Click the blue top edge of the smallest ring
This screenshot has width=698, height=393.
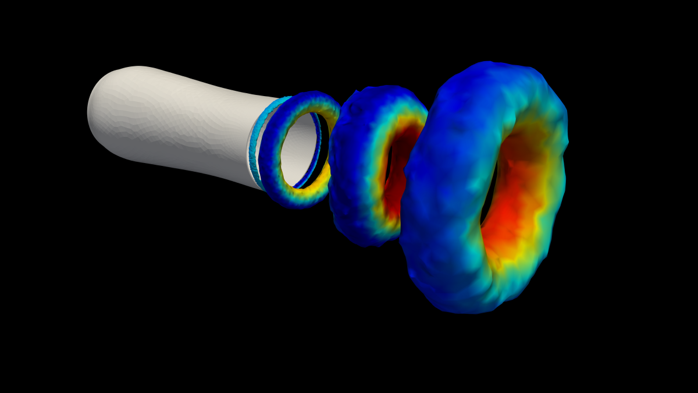click(308, 97)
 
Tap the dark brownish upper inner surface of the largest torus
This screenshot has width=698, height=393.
click(523, 146)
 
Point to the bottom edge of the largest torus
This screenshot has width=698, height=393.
click(465, 312)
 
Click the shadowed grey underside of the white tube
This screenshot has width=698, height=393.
click(192, 163)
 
